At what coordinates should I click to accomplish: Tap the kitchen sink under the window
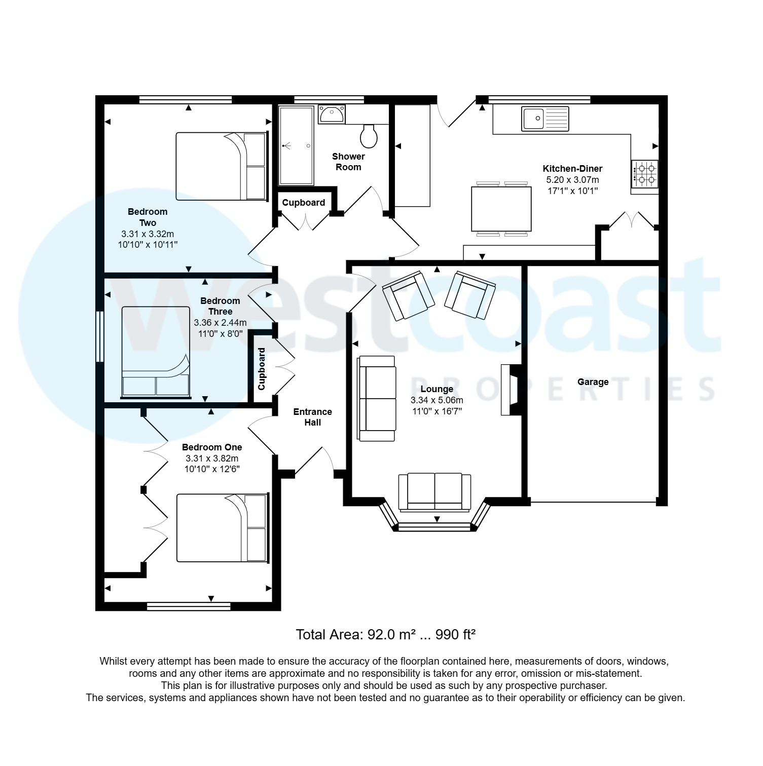pyautogui.click(x=545, y=118)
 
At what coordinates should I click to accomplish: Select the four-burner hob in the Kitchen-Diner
pyautogui.click(x=644, y=173)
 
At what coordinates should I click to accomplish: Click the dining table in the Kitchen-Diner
pyautogui.click(x=501, y=209)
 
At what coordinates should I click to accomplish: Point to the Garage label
pyautogui.click(x=593, y=382)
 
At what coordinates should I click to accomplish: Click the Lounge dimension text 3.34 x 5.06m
pyautogui.click(x=437, y=400)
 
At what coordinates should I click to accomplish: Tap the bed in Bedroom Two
pyautogui.click(x=222, y=166)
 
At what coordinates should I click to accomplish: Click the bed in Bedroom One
pyautogui.click(x=222, y=528)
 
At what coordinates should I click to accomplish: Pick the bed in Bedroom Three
pyautogui.click(x=156, y=352)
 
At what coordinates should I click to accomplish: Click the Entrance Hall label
pyautogui.click(x=313, y=417)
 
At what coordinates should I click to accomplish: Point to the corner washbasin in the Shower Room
pyautogui.click(x=332, y=114)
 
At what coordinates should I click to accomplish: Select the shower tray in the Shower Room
pyautogui.click(x=296, y=145)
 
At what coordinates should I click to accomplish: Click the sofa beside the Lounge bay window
pyautogui.click(x=435, y=492)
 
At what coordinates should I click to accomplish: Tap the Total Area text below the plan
pyautogui.click(x=385, y=634)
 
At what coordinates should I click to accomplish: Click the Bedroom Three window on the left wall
pyautogui.click(x=100, y=336)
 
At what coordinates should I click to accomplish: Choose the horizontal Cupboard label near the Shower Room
pyautogui.click(x=304, y=203)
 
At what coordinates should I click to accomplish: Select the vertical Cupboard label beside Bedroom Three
pyautogui.click(x=262, y=368)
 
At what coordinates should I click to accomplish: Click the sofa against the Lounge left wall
pyautogui.click(x=377, y=398)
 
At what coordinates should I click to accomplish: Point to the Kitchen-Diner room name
pyautogui.click(x=572, y=169)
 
